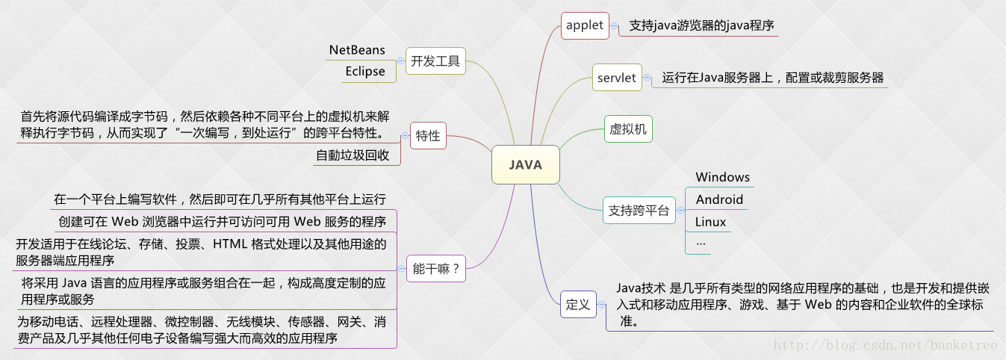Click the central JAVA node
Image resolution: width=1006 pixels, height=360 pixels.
tap(526, 165)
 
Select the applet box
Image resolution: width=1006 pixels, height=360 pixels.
tap(585, 25)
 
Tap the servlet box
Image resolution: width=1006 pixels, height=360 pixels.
tap(617, 78)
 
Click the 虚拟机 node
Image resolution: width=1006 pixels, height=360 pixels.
tap(628, 129)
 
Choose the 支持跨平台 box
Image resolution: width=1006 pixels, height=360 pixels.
tap(639, 210)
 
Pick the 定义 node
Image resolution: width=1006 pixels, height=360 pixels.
tap(578, 304)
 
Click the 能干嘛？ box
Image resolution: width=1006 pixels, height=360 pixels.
tap(435, 268)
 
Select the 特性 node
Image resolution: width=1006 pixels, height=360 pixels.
tap(428, 136)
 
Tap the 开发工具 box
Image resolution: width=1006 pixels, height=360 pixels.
tap(435, 60)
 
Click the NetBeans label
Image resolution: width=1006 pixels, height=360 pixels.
tap(357, 50)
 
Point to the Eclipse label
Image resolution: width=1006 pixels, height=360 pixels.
tap(365, 72)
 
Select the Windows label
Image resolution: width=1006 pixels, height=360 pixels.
tap(723, 177)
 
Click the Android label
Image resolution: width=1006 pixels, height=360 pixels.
tap(719, 199)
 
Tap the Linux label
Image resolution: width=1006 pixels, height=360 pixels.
tap(710, 222)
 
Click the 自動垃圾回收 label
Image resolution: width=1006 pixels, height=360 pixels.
tap(353, 155)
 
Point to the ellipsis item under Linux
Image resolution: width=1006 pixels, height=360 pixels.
tap(701, 244)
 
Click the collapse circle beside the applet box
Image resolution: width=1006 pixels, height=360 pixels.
tap(614, 25)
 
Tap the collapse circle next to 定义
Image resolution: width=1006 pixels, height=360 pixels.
tap(601, 304)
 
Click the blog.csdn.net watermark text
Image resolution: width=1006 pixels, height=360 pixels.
tap(885, 345)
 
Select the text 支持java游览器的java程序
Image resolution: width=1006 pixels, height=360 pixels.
tap(701, 25)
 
